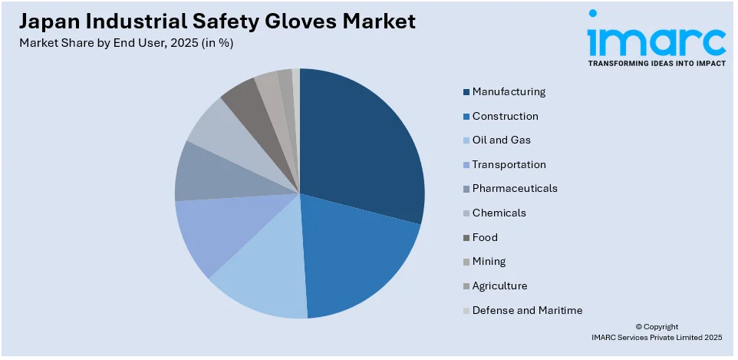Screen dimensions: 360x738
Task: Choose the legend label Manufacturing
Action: point(509,91)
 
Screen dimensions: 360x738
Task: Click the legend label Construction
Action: point(505,116)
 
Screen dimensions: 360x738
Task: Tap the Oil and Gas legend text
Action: point(501,140)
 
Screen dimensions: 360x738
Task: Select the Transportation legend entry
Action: point(509,164)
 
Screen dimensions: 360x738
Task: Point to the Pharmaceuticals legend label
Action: point(515,188)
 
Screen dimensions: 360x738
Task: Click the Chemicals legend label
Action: point(499,213)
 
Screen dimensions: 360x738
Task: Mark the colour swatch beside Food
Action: point(466,238)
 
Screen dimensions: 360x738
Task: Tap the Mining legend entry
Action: point(489,261)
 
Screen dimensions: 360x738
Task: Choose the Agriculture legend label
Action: point(499,286)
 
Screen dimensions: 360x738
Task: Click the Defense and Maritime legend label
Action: point(527,310)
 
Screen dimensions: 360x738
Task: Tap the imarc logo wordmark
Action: point(656,38)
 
